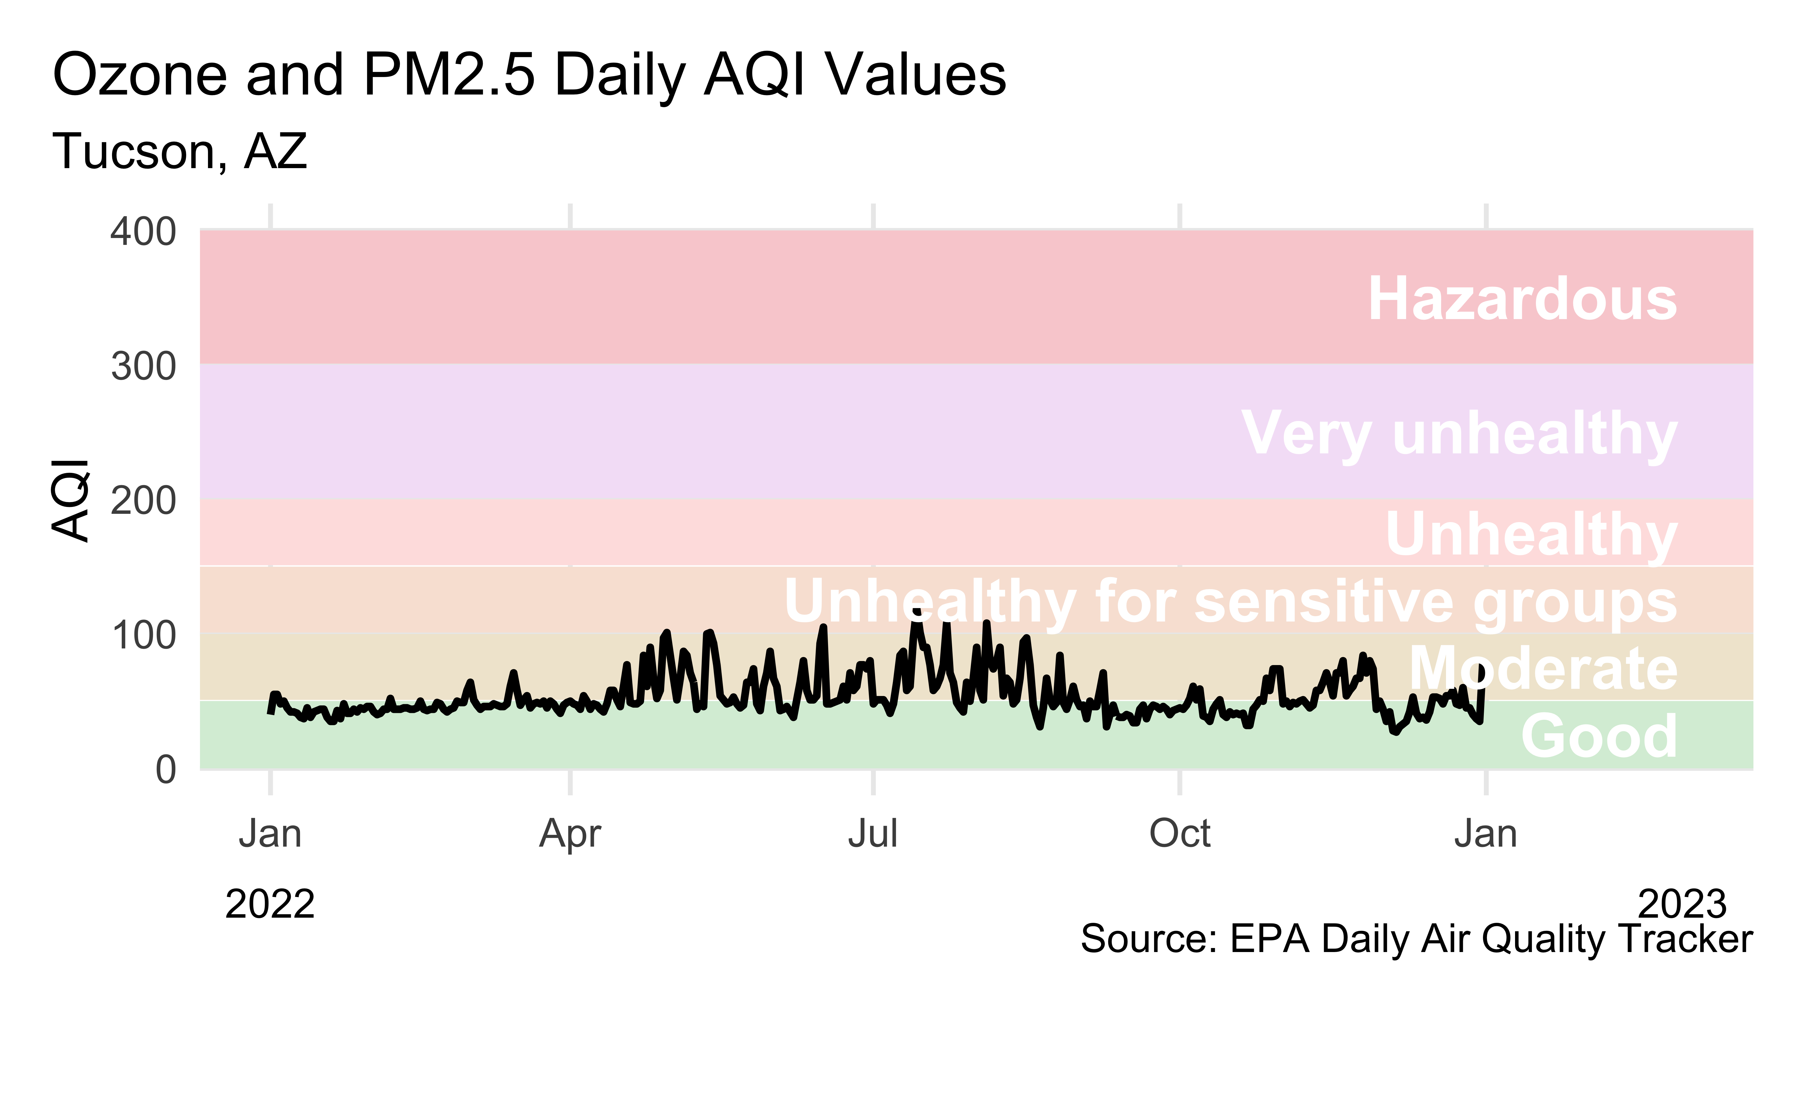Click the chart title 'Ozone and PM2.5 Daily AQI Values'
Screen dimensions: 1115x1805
click(x=529, y=75)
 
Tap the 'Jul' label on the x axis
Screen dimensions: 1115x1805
click(x=873, y=834)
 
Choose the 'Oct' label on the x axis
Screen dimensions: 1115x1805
click(x=1180, y=834)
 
